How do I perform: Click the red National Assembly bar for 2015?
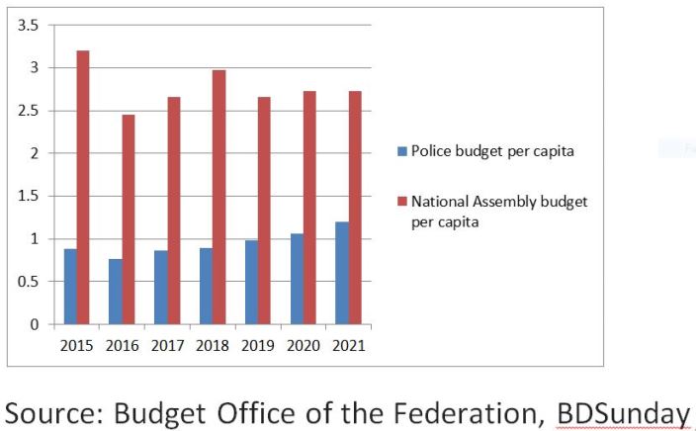coord(83,187)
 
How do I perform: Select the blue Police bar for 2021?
coord(342,273)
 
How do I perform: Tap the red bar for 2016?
coord(129,219)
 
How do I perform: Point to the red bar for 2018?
coord(218,197)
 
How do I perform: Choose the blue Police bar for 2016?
coord(116,292)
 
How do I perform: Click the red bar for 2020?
coord(309,208)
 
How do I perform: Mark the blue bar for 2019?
coord(251,282)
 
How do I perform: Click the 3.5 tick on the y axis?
coord(29,26)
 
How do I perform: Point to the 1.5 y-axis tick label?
coord(29,196)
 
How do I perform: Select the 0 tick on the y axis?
coord(35,324)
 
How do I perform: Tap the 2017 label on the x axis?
coord(167,345)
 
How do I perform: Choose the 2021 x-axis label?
coord(348,345)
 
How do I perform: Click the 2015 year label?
coord(77,345)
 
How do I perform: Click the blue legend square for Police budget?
coord(401,151)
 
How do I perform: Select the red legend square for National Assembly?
coord(401,202)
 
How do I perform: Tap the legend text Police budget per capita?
coord(492,151)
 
